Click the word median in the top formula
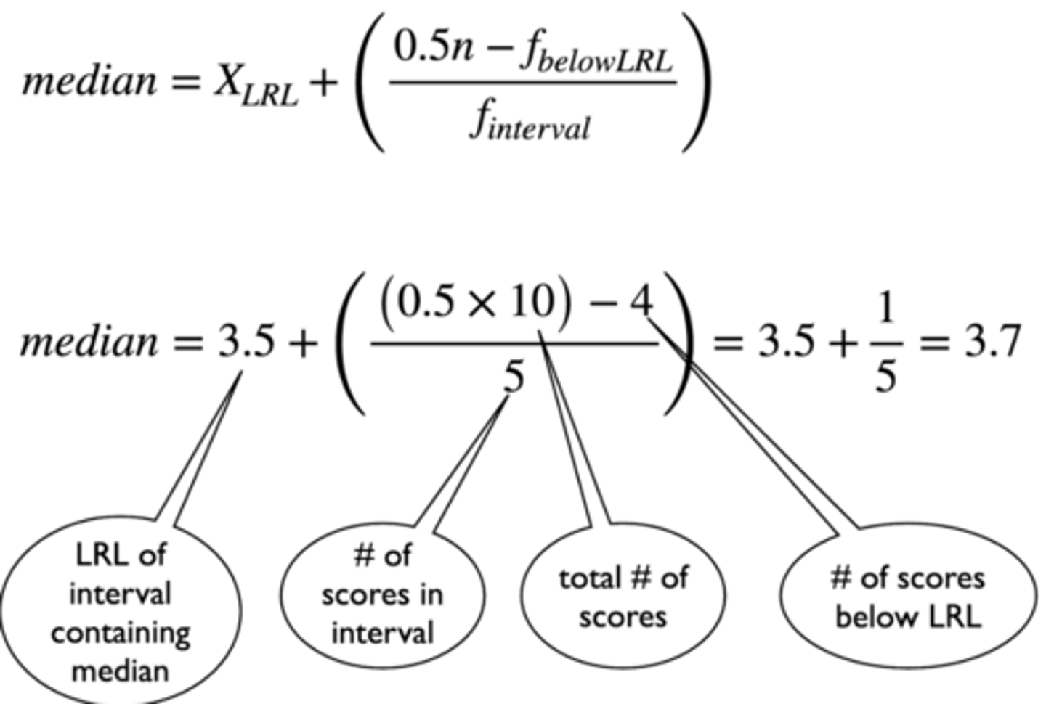click(89, 81)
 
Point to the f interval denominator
click(530, 123)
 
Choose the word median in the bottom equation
click(89, 341)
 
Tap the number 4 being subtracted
click(641, 300)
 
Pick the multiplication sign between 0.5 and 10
click(482, 304)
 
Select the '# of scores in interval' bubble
click(382, 594)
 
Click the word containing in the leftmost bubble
click(121, 633)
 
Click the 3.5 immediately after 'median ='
click(247, 341)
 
